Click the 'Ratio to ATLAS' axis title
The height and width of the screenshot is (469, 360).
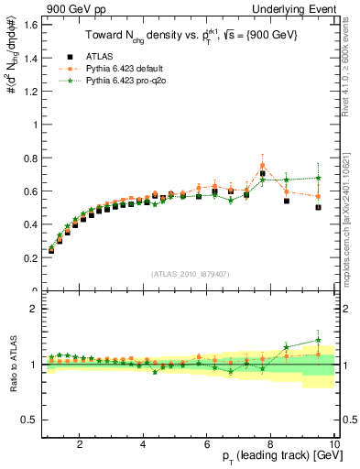[x=12, y=364]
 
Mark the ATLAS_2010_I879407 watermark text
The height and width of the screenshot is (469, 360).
[x=190, y=274]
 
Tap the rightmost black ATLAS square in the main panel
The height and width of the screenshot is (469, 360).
[x=318, y=207]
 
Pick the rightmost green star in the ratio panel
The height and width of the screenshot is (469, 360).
[x=318, y=340]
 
